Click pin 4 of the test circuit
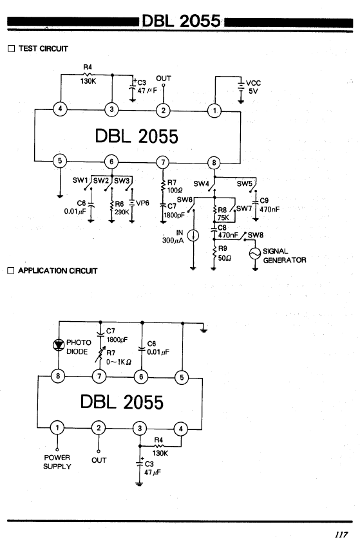pos(61,109)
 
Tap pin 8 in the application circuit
pos(58,376)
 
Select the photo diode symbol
pos(59,344)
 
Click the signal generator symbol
pos(255,254)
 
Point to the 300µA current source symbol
pos(193,236)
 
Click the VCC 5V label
pos(253,87)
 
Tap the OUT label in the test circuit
pos(164,79)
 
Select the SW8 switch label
pos(255,235)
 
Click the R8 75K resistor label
pos(223,214)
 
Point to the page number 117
pos(341,534)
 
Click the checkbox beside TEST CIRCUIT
pos(12,48)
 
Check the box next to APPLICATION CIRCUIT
pos(11,271)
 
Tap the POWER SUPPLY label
pos(57,462)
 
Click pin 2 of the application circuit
pos(99,428)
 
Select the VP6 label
pos(142,203)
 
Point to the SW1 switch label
pos(81,180)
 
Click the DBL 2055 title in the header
pos(181,21)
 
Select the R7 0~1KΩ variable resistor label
pos(118,357)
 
